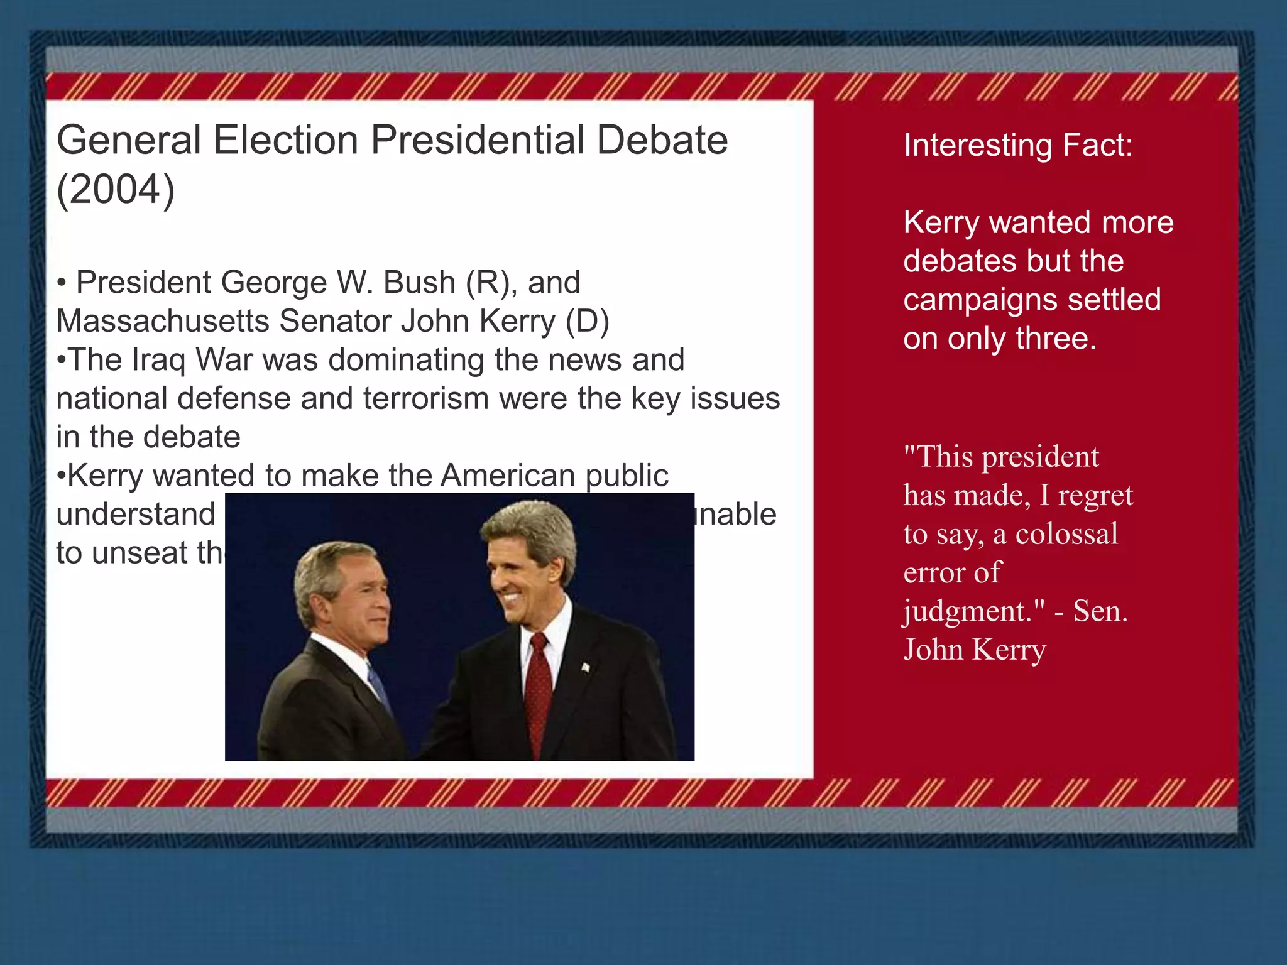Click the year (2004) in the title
(116, 190)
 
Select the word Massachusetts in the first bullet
(162, 321)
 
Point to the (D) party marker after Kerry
(587, 321)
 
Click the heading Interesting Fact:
(1017, 145)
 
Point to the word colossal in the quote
(1066, 534)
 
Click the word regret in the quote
(1095, 496)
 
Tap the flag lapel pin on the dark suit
(586, 667)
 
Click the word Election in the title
(286, 139)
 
